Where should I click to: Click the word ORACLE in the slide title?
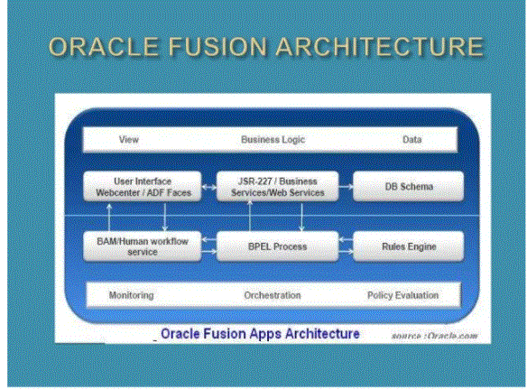104,46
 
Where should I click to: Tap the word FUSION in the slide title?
217,46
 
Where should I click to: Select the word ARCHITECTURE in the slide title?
380,46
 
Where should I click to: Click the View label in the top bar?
129,140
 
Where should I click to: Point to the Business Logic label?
273,140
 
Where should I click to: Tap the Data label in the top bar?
412,140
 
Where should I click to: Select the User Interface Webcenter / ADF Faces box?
143,187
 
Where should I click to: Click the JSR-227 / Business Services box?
278,187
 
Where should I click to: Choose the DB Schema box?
409,187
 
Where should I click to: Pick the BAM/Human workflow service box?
143,246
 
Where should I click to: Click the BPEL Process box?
278,246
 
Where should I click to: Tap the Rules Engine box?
409,246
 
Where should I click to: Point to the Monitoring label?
132,295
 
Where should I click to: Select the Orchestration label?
273,295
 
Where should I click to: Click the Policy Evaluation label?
403,295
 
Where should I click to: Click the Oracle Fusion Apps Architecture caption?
260,334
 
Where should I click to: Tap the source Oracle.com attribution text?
435,336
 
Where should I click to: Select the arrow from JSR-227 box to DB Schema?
346,187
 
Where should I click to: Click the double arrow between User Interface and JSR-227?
209,187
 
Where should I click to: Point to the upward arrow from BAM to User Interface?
109,218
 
